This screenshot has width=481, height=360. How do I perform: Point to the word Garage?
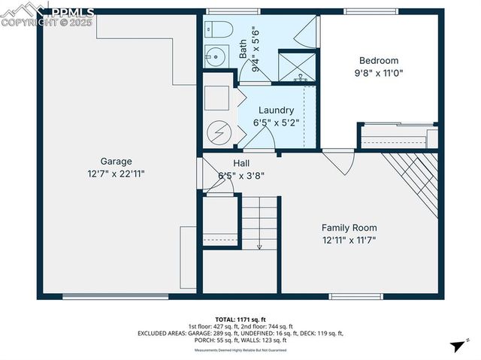click(x=116, y=161)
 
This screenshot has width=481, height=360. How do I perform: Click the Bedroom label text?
click(x=378, y=61)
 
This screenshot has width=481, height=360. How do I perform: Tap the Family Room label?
click(x=349, y=228)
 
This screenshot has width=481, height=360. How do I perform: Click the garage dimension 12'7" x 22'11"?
click(x=116, y=173)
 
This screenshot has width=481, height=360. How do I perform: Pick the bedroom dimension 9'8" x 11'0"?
click(x=378, y=74)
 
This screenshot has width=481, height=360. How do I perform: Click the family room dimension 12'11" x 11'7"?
click(x=349, y=241)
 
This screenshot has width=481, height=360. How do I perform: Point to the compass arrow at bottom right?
click(x=456, y=346)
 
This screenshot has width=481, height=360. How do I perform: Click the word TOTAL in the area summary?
click(x=226, y=319)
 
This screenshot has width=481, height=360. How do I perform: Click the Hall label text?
click(x=241, y=163)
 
